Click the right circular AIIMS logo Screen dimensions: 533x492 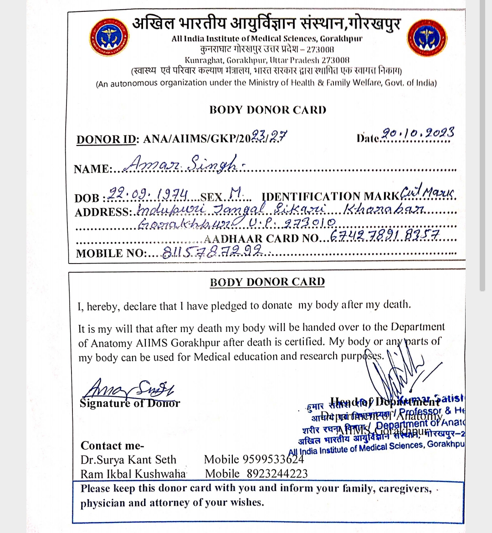tap(427, 38)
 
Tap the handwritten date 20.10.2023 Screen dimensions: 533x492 tap(418, 134)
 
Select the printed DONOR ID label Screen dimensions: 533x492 tap(106, 140)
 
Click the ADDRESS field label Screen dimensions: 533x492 tap(102, 212)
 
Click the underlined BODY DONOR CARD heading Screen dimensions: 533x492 tap(267, 282)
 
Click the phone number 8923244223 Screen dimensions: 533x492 tap(277, 474)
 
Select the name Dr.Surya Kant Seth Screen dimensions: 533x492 tap(128, 460)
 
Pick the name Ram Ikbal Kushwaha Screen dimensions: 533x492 tap(133, 474)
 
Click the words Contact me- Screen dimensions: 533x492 tap(112, 445)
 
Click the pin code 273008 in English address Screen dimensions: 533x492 tap(336, 60)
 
